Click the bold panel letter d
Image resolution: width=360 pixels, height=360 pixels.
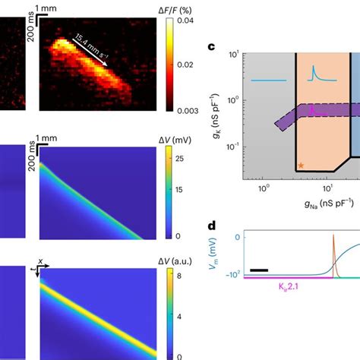[212, 227]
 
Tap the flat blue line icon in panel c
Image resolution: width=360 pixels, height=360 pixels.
[268, 80]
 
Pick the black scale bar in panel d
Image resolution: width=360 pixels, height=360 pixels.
[258, 269]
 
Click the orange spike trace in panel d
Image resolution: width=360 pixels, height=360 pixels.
[332, 266]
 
